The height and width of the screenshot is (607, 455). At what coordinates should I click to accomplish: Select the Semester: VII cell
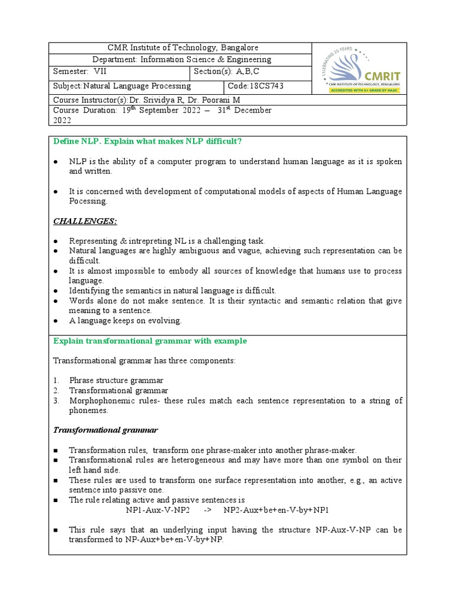pyautogui.click(x=76, y=72)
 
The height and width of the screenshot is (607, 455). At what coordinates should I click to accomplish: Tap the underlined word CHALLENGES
pyautogui.click(x=85, y=221)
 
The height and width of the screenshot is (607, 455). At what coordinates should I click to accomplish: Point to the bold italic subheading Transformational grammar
pyautogui.click(x=105, y=430)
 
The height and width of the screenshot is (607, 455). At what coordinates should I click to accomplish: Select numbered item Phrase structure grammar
pyautogui.click(x=116, y=380)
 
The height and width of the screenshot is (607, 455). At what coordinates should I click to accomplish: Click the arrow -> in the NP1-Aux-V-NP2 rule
pyautogui.click(x=207, y=510)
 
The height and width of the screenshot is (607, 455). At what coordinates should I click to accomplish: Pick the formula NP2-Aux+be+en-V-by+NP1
pyautogui.click(x=276, y=510)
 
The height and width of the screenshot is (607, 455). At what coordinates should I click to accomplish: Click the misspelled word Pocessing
pyautogui.click(x=89, y=201)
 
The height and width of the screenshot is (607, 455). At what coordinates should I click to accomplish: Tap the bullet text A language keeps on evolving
pyautogui.click(x=125, y=321)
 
